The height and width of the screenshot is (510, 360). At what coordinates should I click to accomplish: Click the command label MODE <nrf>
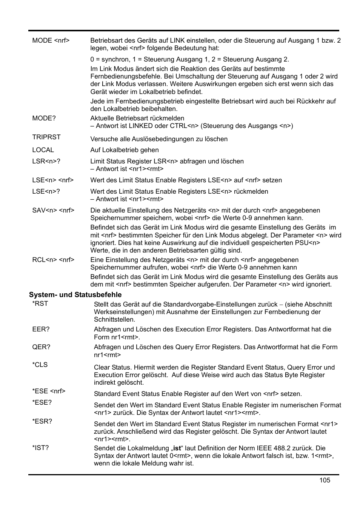pos(51,40)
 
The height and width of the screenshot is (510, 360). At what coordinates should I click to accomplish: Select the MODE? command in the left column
pos(44,118)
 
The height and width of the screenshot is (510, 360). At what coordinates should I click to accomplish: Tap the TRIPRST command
pos(46,137)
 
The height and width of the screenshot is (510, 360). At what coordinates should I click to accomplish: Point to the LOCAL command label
pos(43,150)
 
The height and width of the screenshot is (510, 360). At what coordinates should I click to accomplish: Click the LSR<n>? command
pos(46,161)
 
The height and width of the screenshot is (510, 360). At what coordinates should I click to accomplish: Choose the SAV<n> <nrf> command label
pos(53,210)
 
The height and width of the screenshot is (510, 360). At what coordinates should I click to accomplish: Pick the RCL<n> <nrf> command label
pos(53,260)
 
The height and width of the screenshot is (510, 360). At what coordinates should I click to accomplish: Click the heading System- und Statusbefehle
pos(75,294)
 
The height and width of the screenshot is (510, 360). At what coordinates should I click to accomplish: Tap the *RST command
pos(40,304)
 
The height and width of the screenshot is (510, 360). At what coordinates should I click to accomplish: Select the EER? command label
pos(41,329)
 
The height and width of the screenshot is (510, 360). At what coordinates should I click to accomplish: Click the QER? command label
pos(41,347)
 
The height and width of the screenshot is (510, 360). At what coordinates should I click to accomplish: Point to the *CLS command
pos(40,365)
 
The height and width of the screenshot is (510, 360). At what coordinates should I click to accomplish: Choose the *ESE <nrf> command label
pos(49,391)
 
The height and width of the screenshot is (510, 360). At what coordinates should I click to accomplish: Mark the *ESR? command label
pos(42,421)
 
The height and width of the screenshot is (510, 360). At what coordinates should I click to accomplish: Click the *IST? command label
pos(40,448)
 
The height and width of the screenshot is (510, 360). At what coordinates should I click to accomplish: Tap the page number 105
pos(325,480)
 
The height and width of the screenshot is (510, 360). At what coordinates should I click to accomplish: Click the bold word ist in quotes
pos(177,448)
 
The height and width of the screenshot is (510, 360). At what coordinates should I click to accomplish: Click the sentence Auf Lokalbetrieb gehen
pos(124,150)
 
